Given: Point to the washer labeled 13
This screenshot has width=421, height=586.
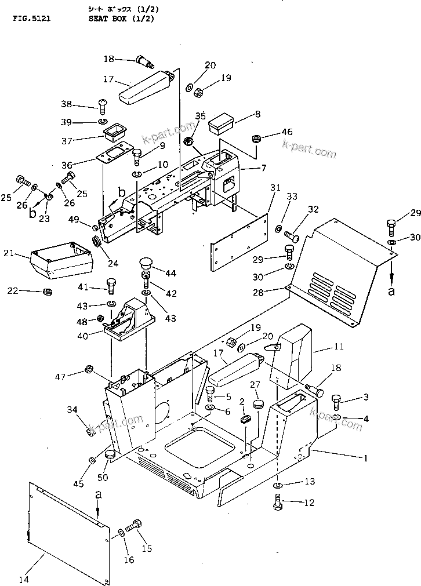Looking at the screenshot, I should pos(278,485).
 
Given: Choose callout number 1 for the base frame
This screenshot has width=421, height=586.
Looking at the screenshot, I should pos(365,458).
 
